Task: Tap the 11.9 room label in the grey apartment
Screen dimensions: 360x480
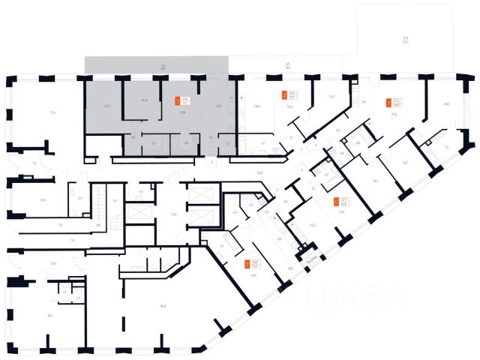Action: pyautogui.click(x=107, y=106)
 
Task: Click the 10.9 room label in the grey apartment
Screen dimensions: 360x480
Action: pyautogui.click(x=144, y=100)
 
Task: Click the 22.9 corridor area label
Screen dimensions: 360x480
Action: pyautogui.click(x=260, y=172)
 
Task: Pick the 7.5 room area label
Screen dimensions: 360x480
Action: pyautogui.click(x=446, y=147)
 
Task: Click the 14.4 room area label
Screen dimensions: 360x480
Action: pyautogui.click(x=256, y=106)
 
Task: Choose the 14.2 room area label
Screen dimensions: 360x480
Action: pyautogui.click(x=375, y=180)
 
